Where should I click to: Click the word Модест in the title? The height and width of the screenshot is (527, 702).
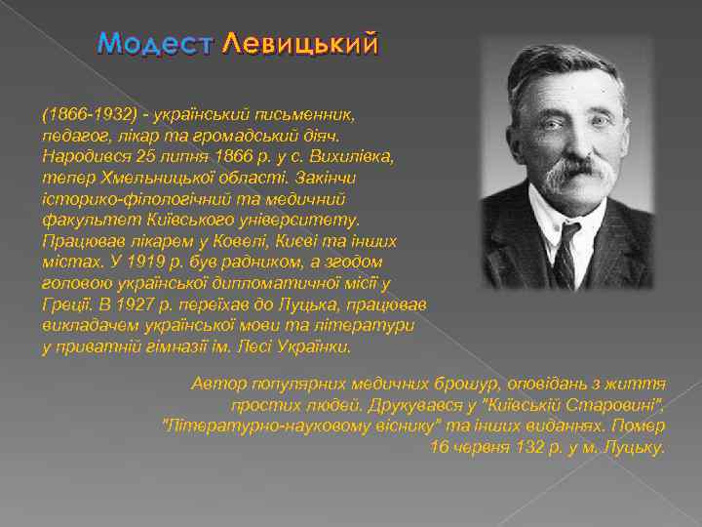point(156,44)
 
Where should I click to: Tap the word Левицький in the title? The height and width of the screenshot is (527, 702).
point(299,44)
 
